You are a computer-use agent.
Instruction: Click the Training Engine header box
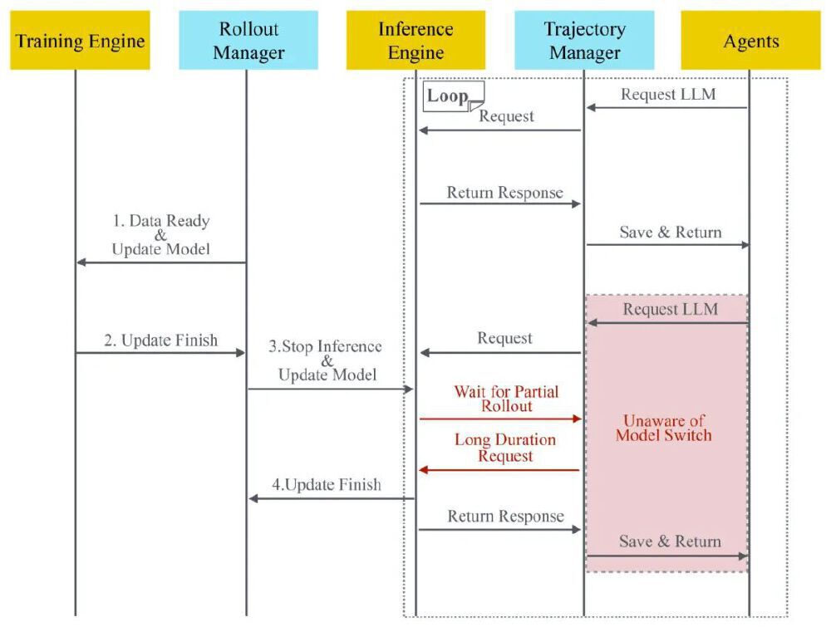click(x=81, y=40)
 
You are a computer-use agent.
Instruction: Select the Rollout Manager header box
click(x=248, y=40)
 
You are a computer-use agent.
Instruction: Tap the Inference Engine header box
click(x=415, y=40)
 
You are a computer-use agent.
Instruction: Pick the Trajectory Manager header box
click(x=583, y=40)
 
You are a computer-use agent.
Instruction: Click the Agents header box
click(x=750, y=40)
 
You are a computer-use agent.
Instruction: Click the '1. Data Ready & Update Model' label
click(x=161, y=235)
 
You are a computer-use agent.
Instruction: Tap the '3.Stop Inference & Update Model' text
click(x=327, y=360)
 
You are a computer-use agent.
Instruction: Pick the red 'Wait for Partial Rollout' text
click(x=505, y=398)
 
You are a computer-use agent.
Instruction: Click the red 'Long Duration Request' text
click(x=505, y=448)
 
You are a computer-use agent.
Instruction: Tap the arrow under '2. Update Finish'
click(x=161, y=353)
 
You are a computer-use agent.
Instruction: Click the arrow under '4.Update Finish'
click(x=332, y=498)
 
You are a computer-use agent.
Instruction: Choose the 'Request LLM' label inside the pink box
click(x=671, y=310)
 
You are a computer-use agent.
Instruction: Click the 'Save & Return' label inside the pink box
click(x=670, y=541)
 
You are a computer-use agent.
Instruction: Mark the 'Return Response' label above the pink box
click(x=504, y=193)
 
